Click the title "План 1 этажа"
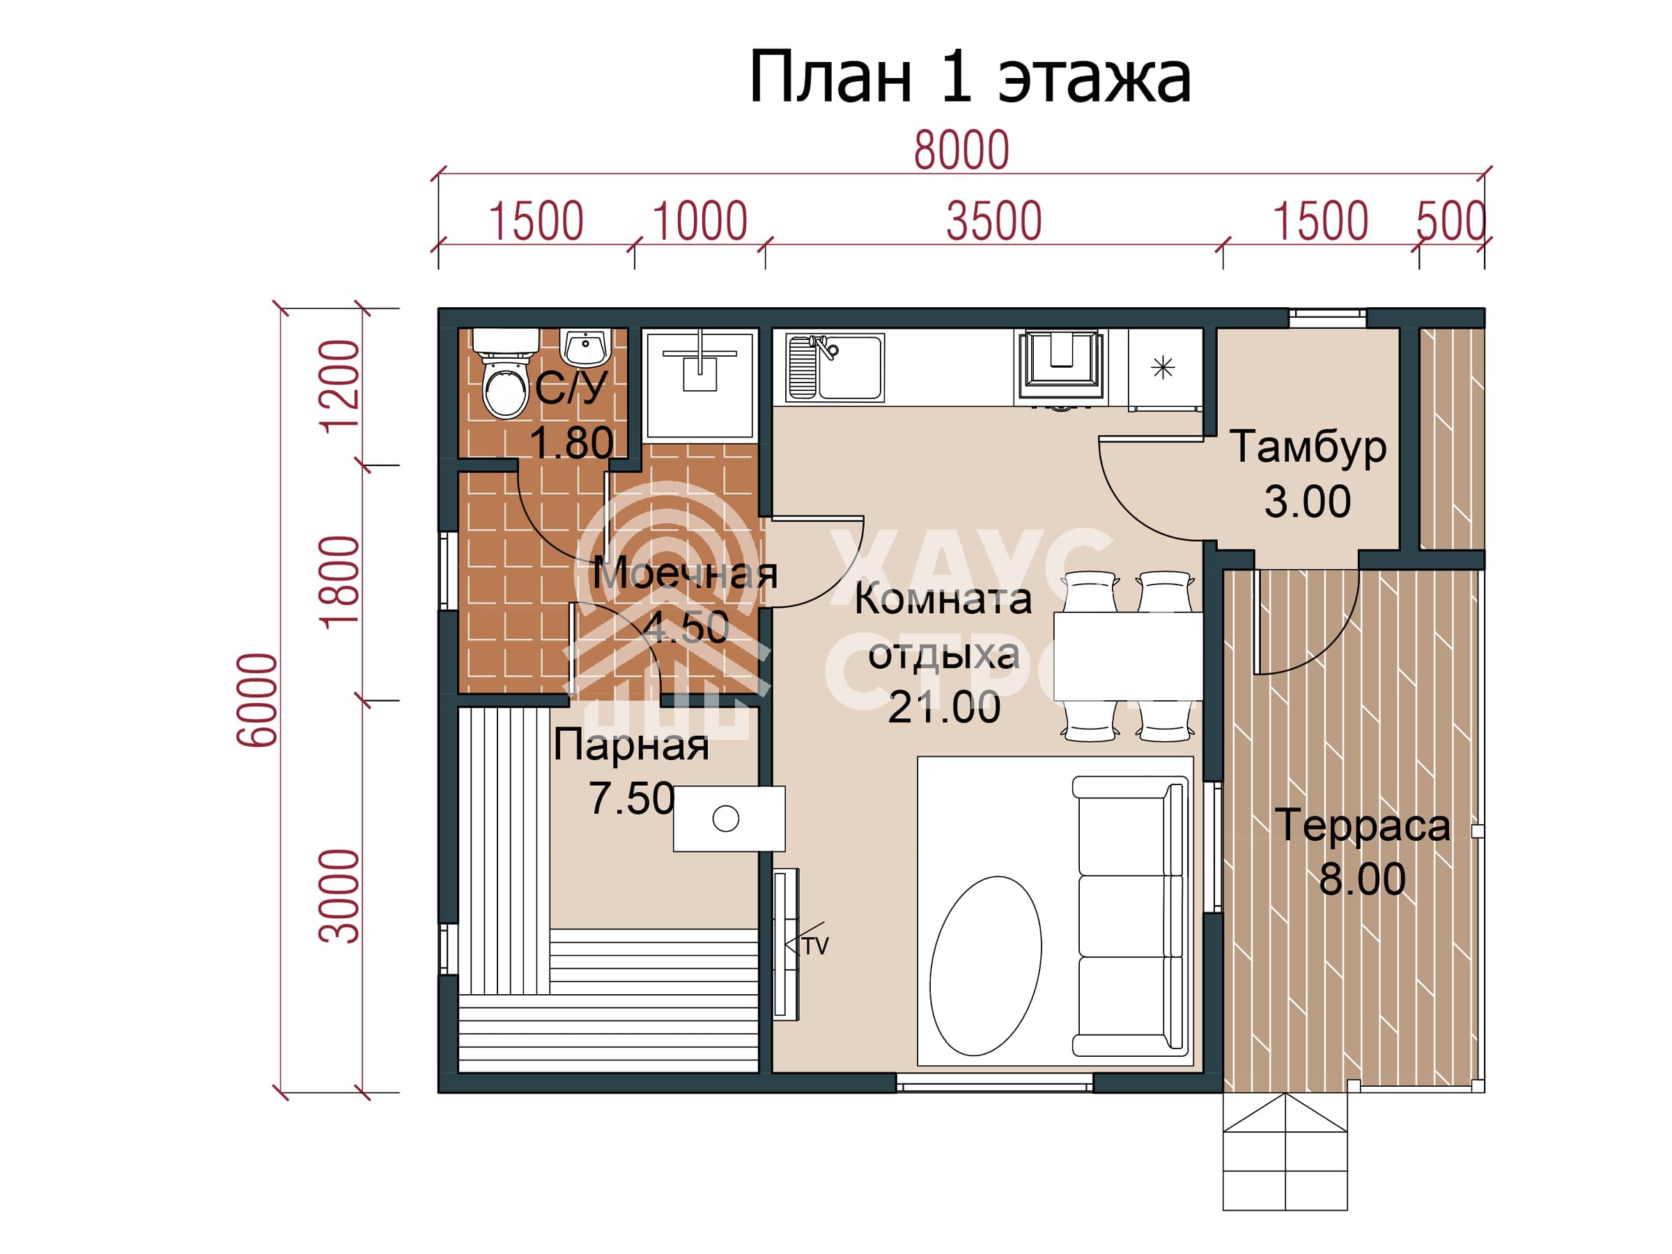click(x=970, y=77)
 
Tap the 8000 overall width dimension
click(x=961, y=150)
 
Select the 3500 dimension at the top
click(x=994, y=222)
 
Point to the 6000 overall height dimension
click(x=257, y=700)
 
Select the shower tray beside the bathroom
click(x=700, y=385)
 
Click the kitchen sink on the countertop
click(x=835, y=367)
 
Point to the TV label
click(x=816, y=945)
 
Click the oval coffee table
click(x=985, y=966)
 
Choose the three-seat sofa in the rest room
click(x=1129, y=916)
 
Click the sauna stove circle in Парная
click(x=726, y=819)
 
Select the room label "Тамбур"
click(x=1308, y=447)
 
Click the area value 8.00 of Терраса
click(x=1362, y=879)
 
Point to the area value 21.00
click(x=944, y=708)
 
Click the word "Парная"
click(x=631, y=745)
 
